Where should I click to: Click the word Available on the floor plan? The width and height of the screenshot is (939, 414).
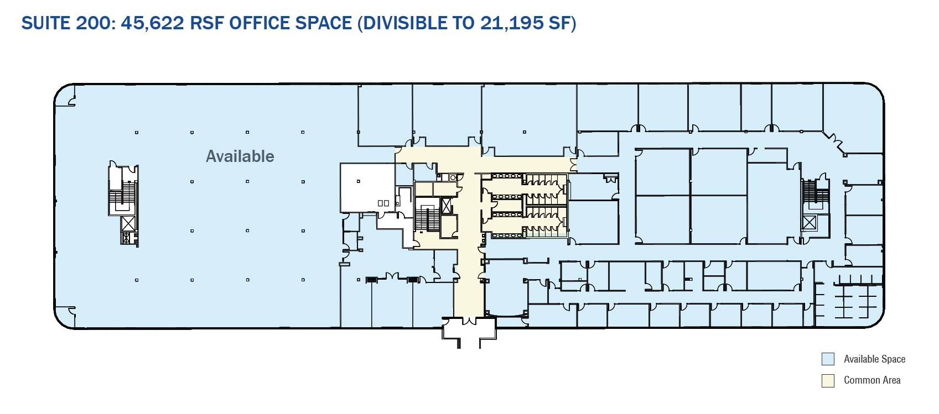coord(240,156)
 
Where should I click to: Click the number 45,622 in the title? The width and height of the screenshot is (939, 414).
coord(153,23)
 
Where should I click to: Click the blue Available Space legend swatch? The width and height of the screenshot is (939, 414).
coord(827,359)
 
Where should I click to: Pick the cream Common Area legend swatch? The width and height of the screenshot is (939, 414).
coord(827,380)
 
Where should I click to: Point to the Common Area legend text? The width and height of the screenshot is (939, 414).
coord(872,380)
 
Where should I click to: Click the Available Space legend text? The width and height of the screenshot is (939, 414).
coord(874,359)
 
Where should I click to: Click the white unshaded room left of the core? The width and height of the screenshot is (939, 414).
coord(367,187)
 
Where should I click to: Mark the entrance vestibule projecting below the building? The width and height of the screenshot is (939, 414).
coord(469,332)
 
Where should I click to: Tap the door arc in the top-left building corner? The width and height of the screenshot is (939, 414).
coord(72,101)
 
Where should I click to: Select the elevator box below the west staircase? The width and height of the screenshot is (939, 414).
coord(128,223)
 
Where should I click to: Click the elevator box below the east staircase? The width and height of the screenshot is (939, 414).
coord(809,222)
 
